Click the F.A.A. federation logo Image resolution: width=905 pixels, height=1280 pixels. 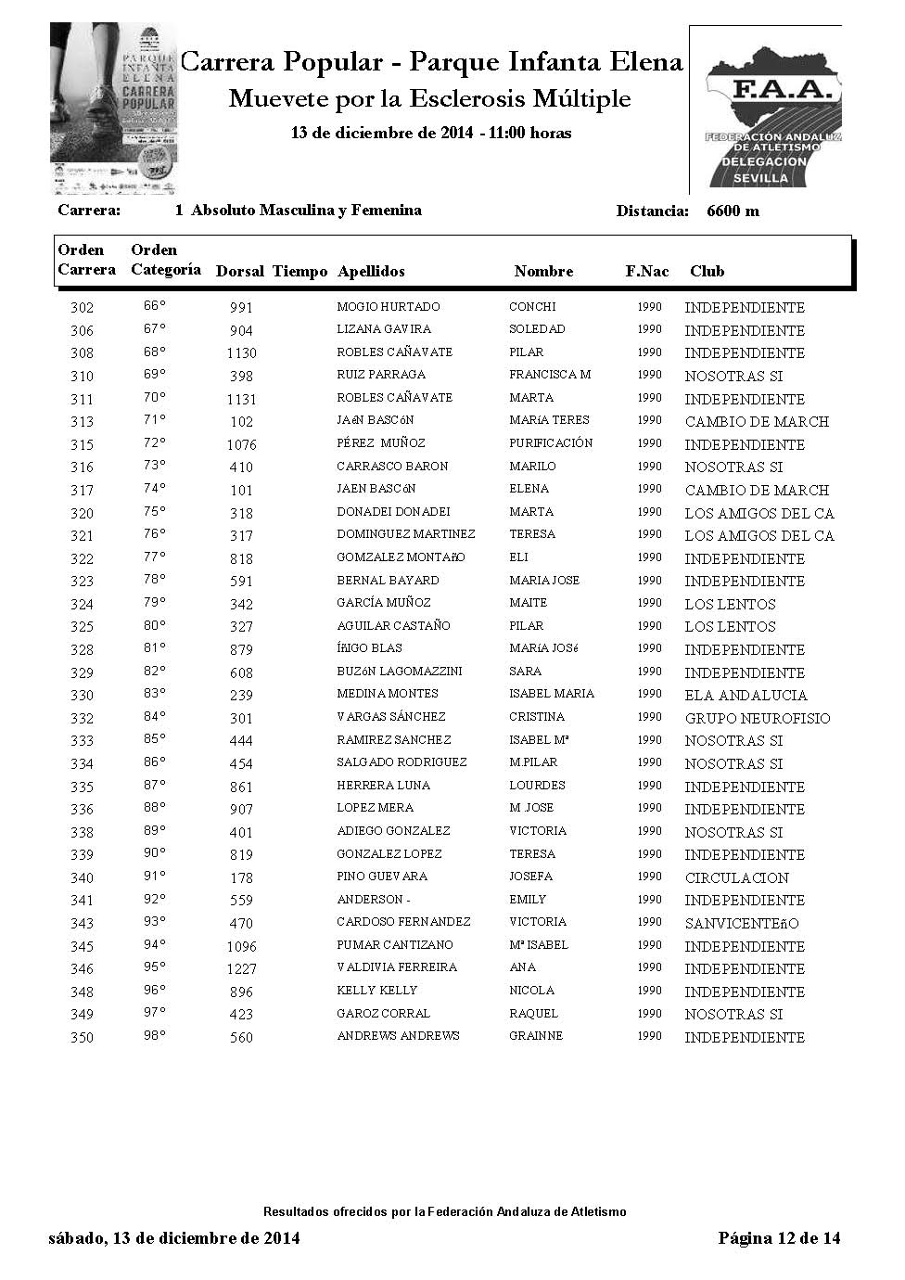tap(766, 109)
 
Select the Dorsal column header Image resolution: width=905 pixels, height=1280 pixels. tap(240, 272)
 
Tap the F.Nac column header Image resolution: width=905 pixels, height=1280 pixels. tap(646, 272)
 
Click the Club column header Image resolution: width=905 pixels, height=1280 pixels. tap(707, 272)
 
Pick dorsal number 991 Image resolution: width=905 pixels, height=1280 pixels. tap(241, 308)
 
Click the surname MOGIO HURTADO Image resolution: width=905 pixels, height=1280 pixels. tap(389, 307)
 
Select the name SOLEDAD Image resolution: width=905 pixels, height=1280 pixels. tap(537, 329)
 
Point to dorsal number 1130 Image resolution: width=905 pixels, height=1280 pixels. tap(241, 353)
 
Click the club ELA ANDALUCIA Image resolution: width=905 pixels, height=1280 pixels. tap(746, 696)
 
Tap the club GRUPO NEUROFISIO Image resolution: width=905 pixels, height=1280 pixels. tap(758, 719)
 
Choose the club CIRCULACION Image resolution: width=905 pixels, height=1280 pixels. tap(737, 878)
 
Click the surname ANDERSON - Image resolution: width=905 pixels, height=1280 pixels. tap(373, 900)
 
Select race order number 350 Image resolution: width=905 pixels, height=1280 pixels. tap(82, 1038)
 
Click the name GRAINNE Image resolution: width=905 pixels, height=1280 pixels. tap(536, 1036)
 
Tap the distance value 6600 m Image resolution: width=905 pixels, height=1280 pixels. tap(733, 211)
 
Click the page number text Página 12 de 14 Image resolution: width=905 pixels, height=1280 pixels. tap(779, 1238)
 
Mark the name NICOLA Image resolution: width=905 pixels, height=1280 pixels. tap(531, 991)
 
